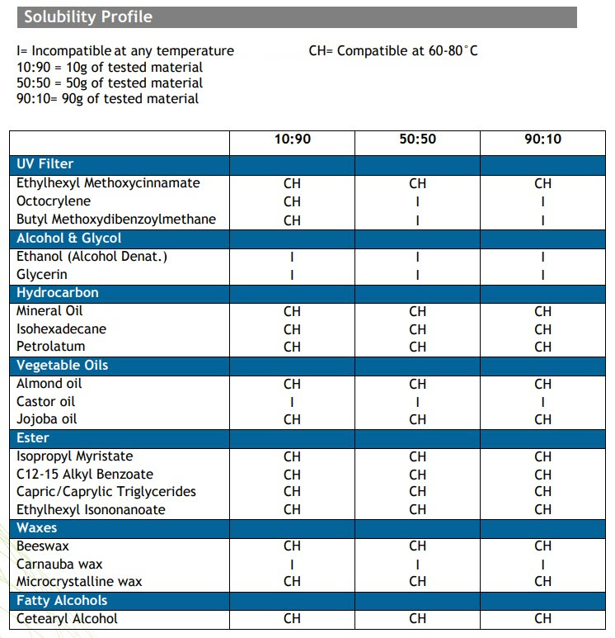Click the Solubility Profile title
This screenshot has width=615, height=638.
pyautogui.click(x=88, y=17)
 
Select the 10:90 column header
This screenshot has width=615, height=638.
pyautogui.click(x=293, y=139)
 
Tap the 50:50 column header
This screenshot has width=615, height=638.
pyautogui.click(x=417, y=139)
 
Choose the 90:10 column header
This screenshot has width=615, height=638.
pyautogui.click(x=542, y=139)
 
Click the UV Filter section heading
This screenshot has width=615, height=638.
pyautogui.click(x=45, y=164)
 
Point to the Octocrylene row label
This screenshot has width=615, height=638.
pyautogui.click(x=54, y=201)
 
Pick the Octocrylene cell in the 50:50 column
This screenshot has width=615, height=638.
pyautogui.click(x=417, y=202)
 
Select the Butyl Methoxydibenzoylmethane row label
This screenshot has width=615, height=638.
pyautogui.click(x=116, y=220)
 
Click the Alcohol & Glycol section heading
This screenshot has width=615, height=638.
pyautogui.click(x=69, y=238)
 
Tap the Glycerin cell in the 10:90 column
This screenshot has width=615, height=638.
pyautogui.click(x=292, y=275)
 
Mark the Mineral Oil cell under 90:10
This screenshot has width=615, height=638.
pyautogui.click(x=542, y=312)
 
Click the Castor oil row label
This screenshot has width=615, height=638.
pyautogui.click(x=45, y=402)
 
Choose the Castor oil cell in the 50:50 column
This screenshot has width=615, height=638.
pyautogui.click(x=417, y=402)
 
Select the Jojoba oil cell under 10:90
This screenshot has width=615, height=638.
pyautogui.click(x=292, y=419)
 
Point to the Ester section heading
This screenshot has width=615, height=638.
pyautogui.click(x=33, y=437)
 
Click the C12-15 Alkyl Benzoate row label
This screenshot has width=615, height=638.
pyautogui.click(x=85, y=475)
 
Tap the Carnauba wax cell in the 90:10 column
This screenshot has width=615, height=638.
pyautogui.click(x=542, y=565)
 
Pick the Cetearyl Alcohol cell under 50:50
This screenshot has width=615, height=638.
pyautogui.click(x=417, y=618)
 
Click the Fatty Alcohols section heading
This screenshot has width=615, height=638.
pyautogui.click(x=62, y=601)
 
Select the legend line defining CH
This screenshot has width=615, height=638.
pyautogui.click(x=393, y=51)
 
